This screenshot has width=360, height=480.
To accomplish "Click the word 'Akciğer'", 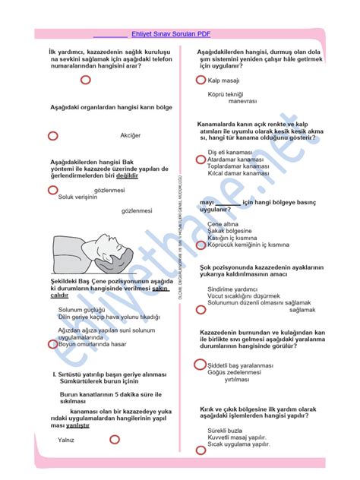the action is pos(131,135).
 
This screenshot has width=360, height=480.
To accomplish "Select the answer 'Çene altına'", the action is pos(225,224).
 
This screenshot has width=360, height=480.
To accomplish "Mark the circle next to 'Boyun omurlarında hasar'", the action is pos(53,344).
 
